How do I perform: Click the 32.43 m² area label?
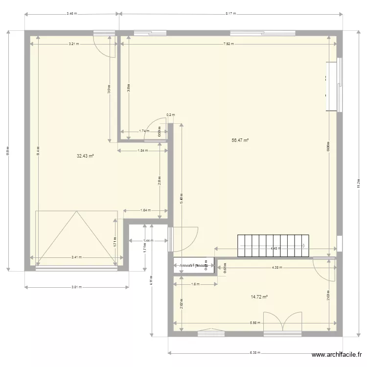coord(85,156)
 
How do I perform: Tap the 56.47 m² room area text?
coord(240,140)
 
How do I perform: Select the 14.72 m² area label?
coord(259,297)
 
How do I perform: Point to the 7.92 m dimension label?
coord(229,44)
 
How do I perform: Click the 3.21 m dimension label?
coord(73,44)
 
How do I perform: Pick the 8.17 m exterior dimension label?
coord(231,14)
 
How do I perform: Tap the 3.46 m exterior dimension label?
coord(72,14)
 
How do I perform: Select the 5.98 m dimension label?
coord(254,322)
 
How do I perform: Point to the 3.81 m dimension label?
coord(76,287)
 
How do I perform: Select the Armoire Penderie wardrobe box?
coord(194,265)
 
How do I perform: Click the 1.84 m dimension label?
coord(143,151)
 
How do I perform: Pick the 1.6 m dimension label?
coord(195,284)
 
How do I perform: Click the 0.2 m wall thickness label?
coord(170,115)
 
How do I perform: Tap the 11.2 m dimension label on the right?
coord(359,183)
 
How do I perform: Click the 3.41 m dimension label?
coord(77,257)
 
